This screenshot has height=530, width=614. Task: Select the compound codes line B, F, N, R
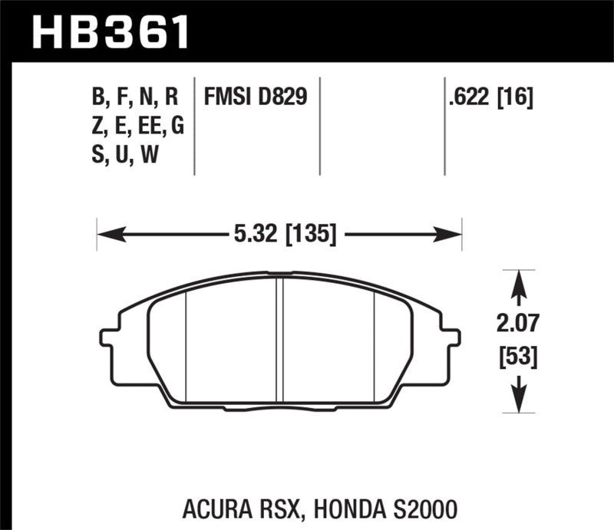[x=134, y=97]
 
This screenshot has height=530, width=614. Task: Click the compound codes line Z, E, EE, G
[x=137, y=126]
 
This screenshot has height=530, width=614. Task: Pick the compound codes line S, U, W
[x=124, y=155]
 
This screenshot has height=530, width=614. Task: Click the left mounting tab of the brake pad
[x=107, y=337]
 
